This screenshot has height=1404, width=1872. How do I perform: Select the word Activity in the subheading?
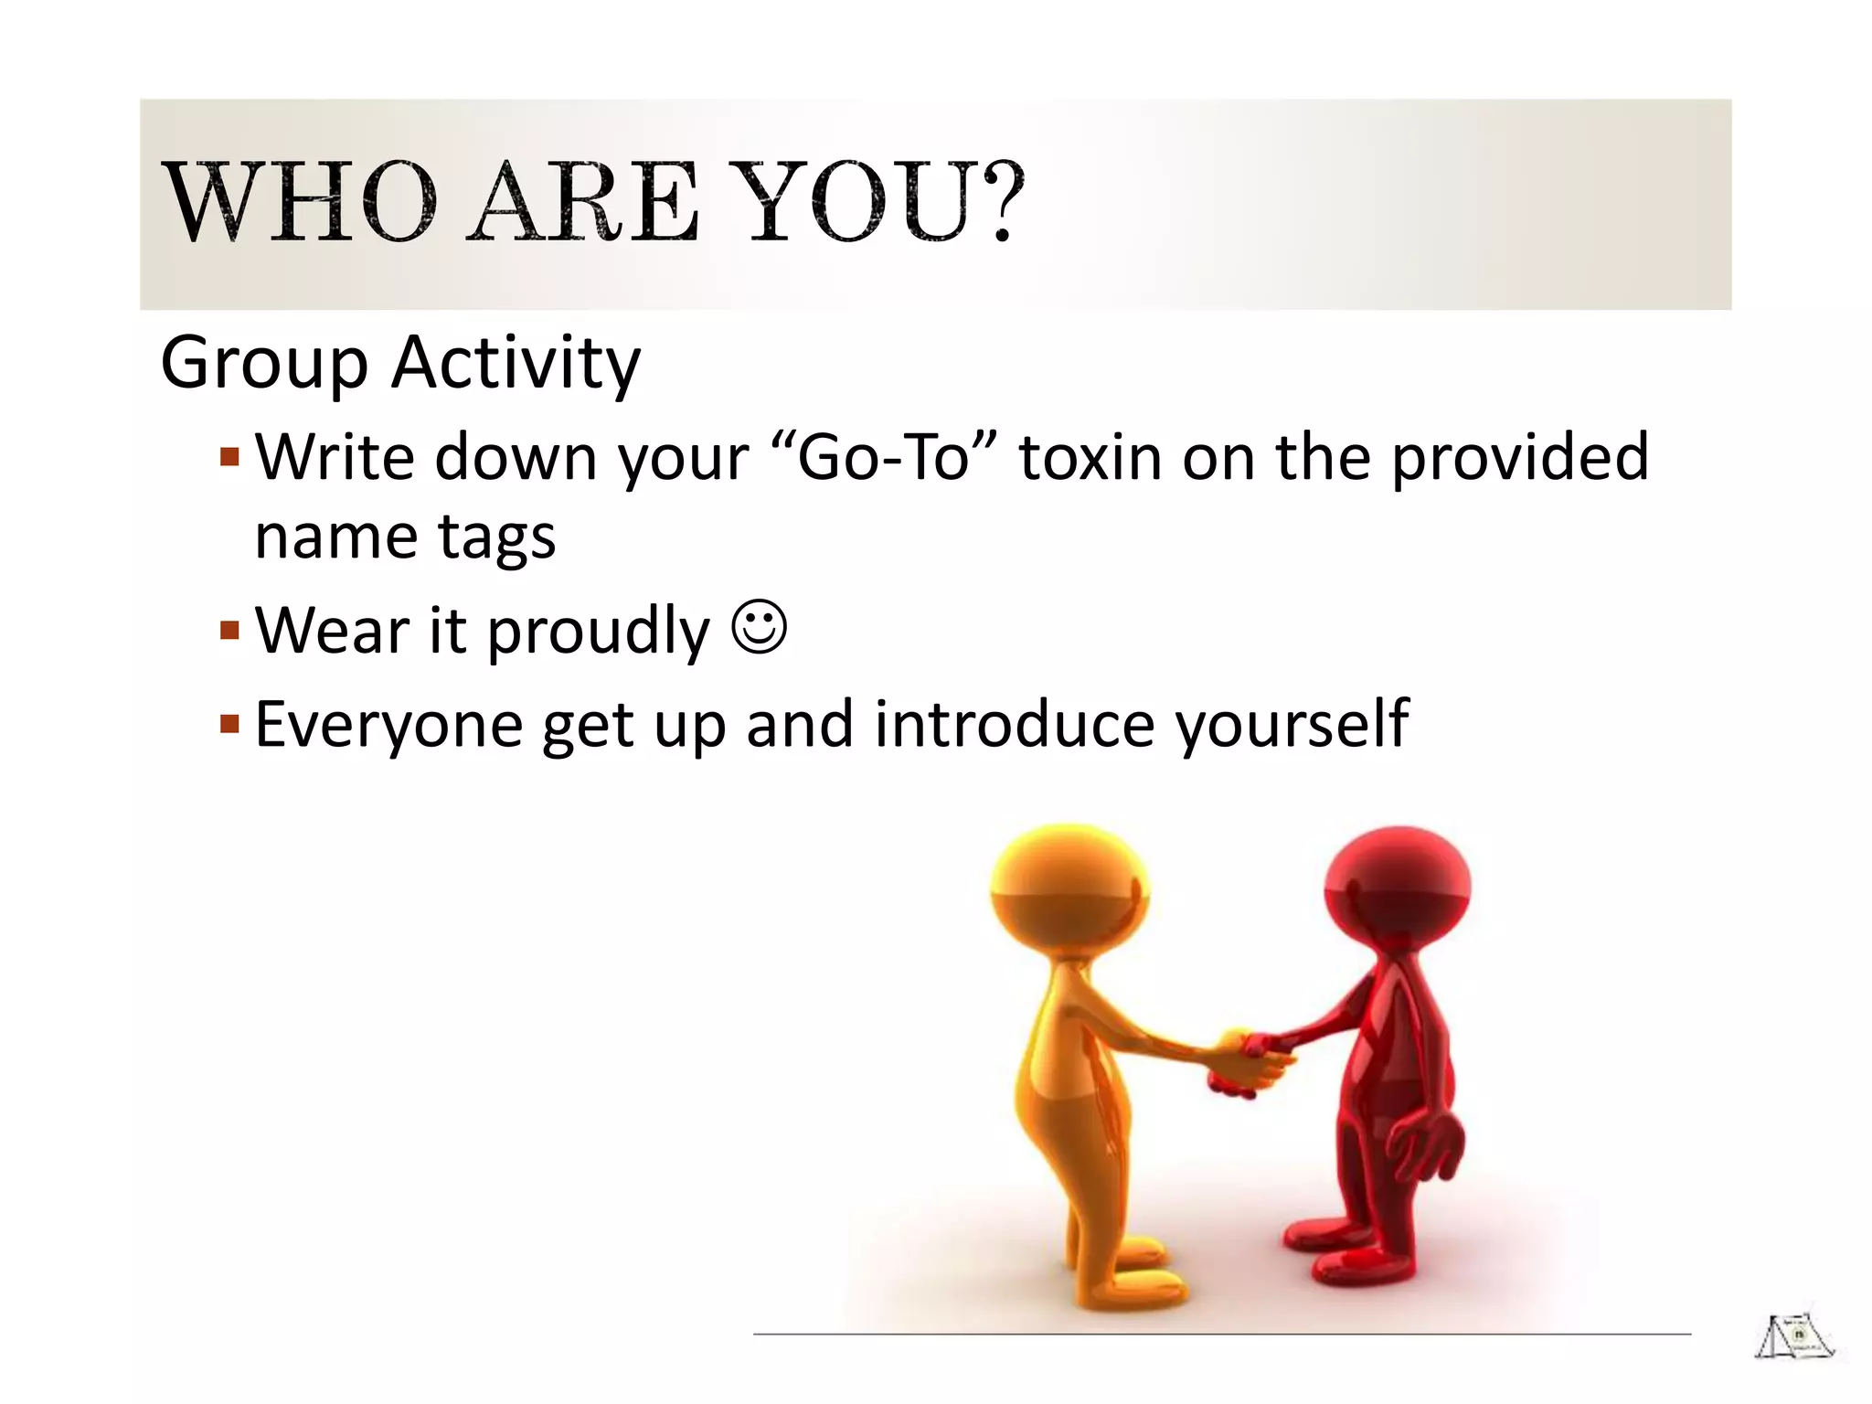pos(516,364)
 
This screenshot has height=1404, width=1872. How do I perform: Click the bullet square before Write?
pos(229,455)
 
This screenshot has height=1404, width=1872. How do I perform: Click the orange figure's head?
pos(1069,887)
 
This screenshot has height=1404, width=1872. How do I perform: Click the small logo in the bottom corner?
pos(1793,1338)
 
